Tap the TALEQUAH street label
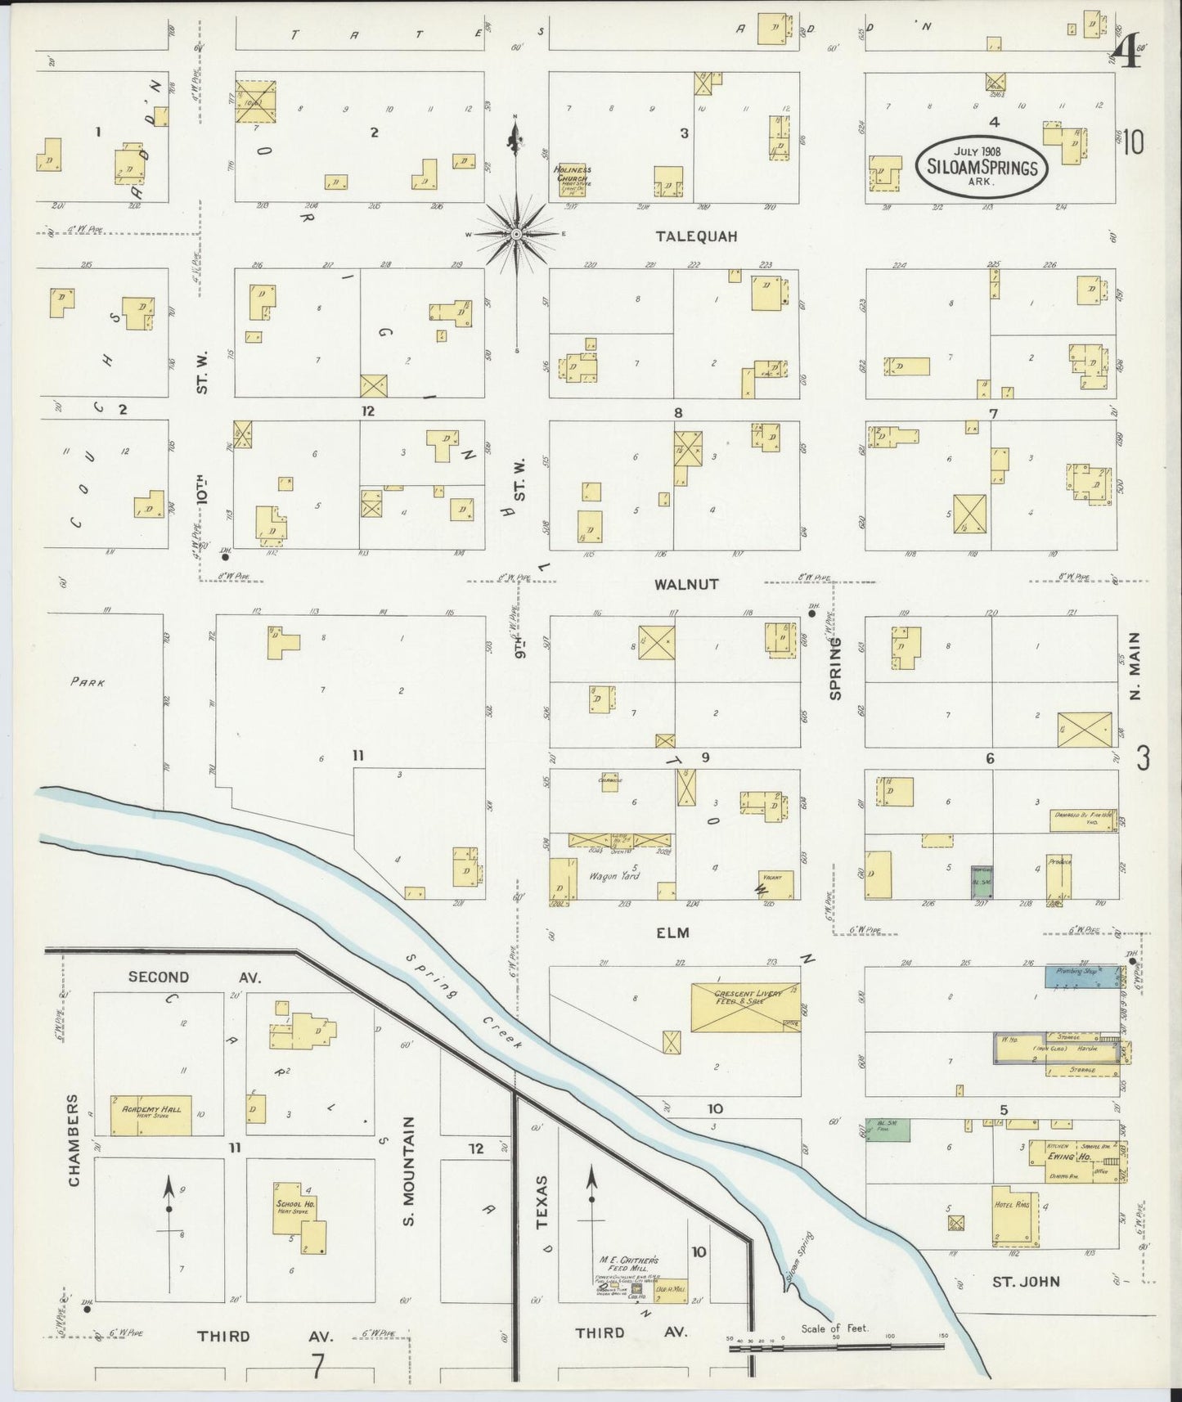point(696,236)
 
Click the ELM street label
point(672,932)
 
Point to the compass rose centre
point(516,235)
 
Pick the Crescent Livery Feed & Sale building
point(745,1008)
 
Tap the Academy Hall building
point(151,1115)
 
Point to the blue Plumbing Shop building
point(1082,976)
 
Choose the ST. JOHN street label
point(1026,1282)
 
